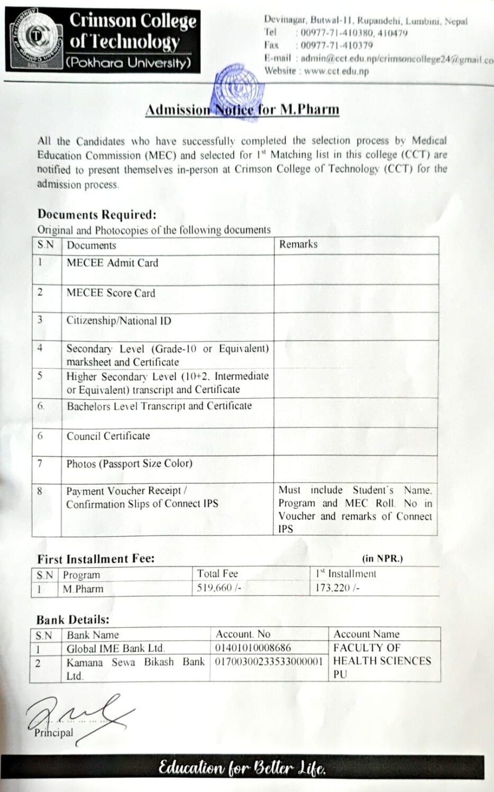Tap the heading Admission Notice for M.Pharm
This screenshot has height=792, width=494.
[x=242, y=109]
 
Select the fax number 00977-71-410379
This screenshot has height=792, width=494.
[x=336, y=45]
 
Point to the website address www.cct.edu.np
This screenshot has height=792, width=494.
[x=336, y=71]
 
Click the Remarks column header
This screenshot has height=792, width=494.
[x=298, y=244]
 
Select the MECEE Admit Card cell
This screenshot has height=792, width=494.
[x=112, y=263]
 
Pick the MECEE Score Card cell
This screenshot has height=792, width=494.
[x=111, y=293]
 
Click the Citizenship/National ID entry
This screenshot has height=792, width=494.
[x=118, y=321]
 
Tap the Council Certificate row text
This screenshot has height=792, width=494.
[x=108, y=436]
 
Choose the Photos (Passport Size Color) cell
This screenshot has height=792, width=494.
[x=129, y=464]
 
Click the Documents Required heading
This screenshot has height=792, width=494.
[x=97, y=215]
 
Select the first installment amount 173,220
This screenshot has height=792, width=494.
[x=337, y=588]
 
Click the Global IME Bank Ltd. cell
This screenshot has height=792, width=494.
[x=115, y=648]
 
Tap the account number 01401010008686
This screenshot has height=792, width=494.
[x=253, y=648]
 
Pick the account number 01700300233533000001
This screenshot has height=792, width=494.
[x=268, y=661]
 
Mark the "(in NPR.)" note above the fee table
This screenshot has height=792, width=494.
[x=382, y=558]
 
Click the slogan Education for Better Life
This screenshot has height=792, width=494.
[x=242, y=768]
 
